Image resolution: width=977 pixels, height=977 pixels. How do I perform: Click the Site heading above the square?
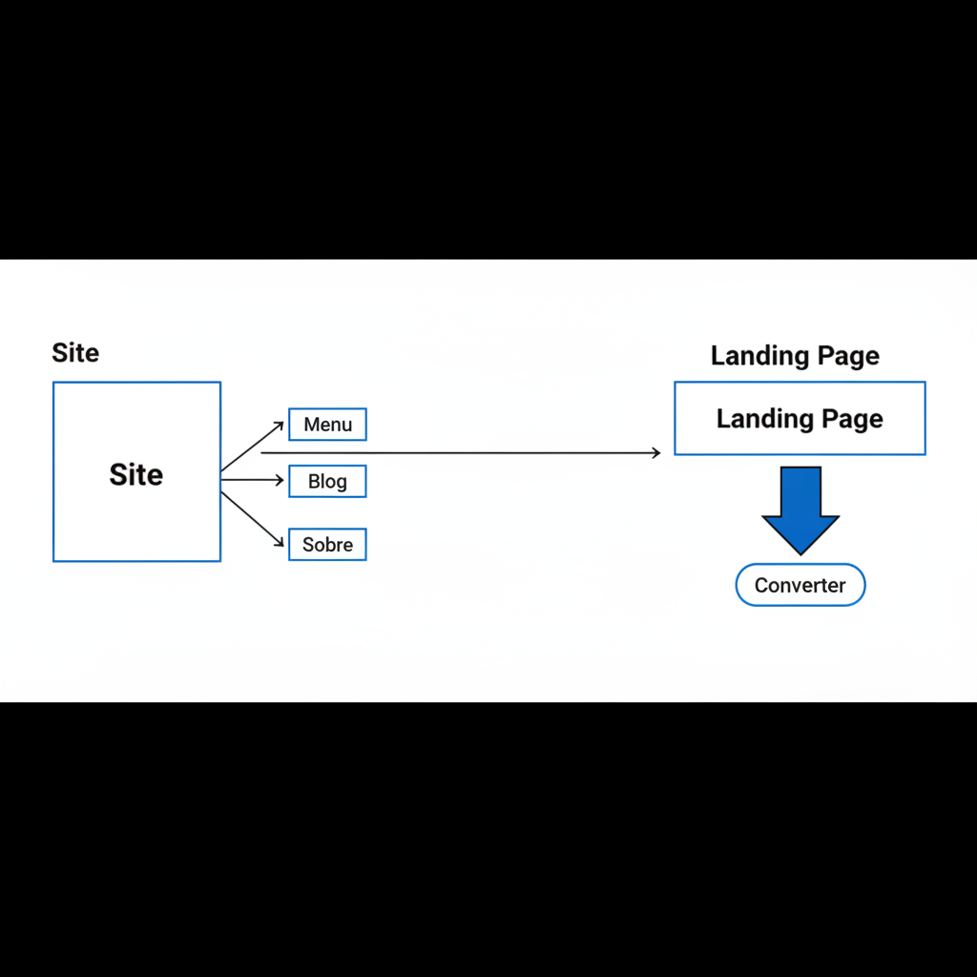click(75, 353)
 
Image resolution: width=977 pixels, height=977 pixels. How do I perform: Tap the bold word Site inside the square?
click(135, 474)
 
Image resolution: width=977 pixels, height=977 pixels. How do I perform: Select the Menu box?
click(327, 425)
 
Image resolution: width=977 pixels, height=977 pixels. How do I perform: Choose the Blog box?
click(327, 482)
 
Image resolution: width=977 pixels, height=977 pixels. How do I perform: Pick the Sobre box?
click(327, 545)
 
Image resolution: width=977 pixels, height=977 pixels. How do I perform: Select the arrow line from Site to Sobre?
click(252, 519)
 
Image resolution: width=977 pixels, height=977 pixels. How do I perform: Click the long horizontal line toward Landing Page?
click(458, 452)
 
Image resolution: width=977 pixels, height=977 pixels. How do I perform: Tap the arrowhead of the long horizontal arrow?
click(655, 452)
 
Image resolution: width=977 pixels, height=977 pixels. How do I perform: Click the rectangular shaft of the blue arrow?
click(800, 491)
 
